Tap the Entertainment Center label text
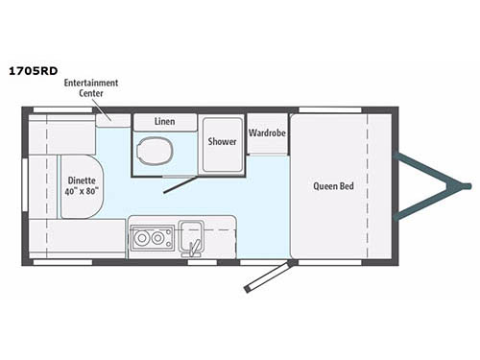pos(91,87)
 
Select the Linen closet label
pos(164,123)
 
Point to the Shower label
pos(222,141)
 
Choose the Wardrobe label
pos(266,132)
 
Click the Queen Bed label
pos(333,186)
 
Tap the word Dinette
pos(82,179)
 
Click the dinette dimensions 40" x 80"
pos(82,191)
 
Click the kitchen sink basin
pos(189,233)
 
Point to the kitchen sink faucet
pos(195,249)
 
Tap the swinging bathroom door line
pos(180,183)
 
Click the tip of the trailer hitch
pos(467,184)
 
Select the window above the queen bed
pos(330,109)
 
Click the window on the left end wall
pos(23,182)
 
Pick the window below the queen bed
pos(330,260)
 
